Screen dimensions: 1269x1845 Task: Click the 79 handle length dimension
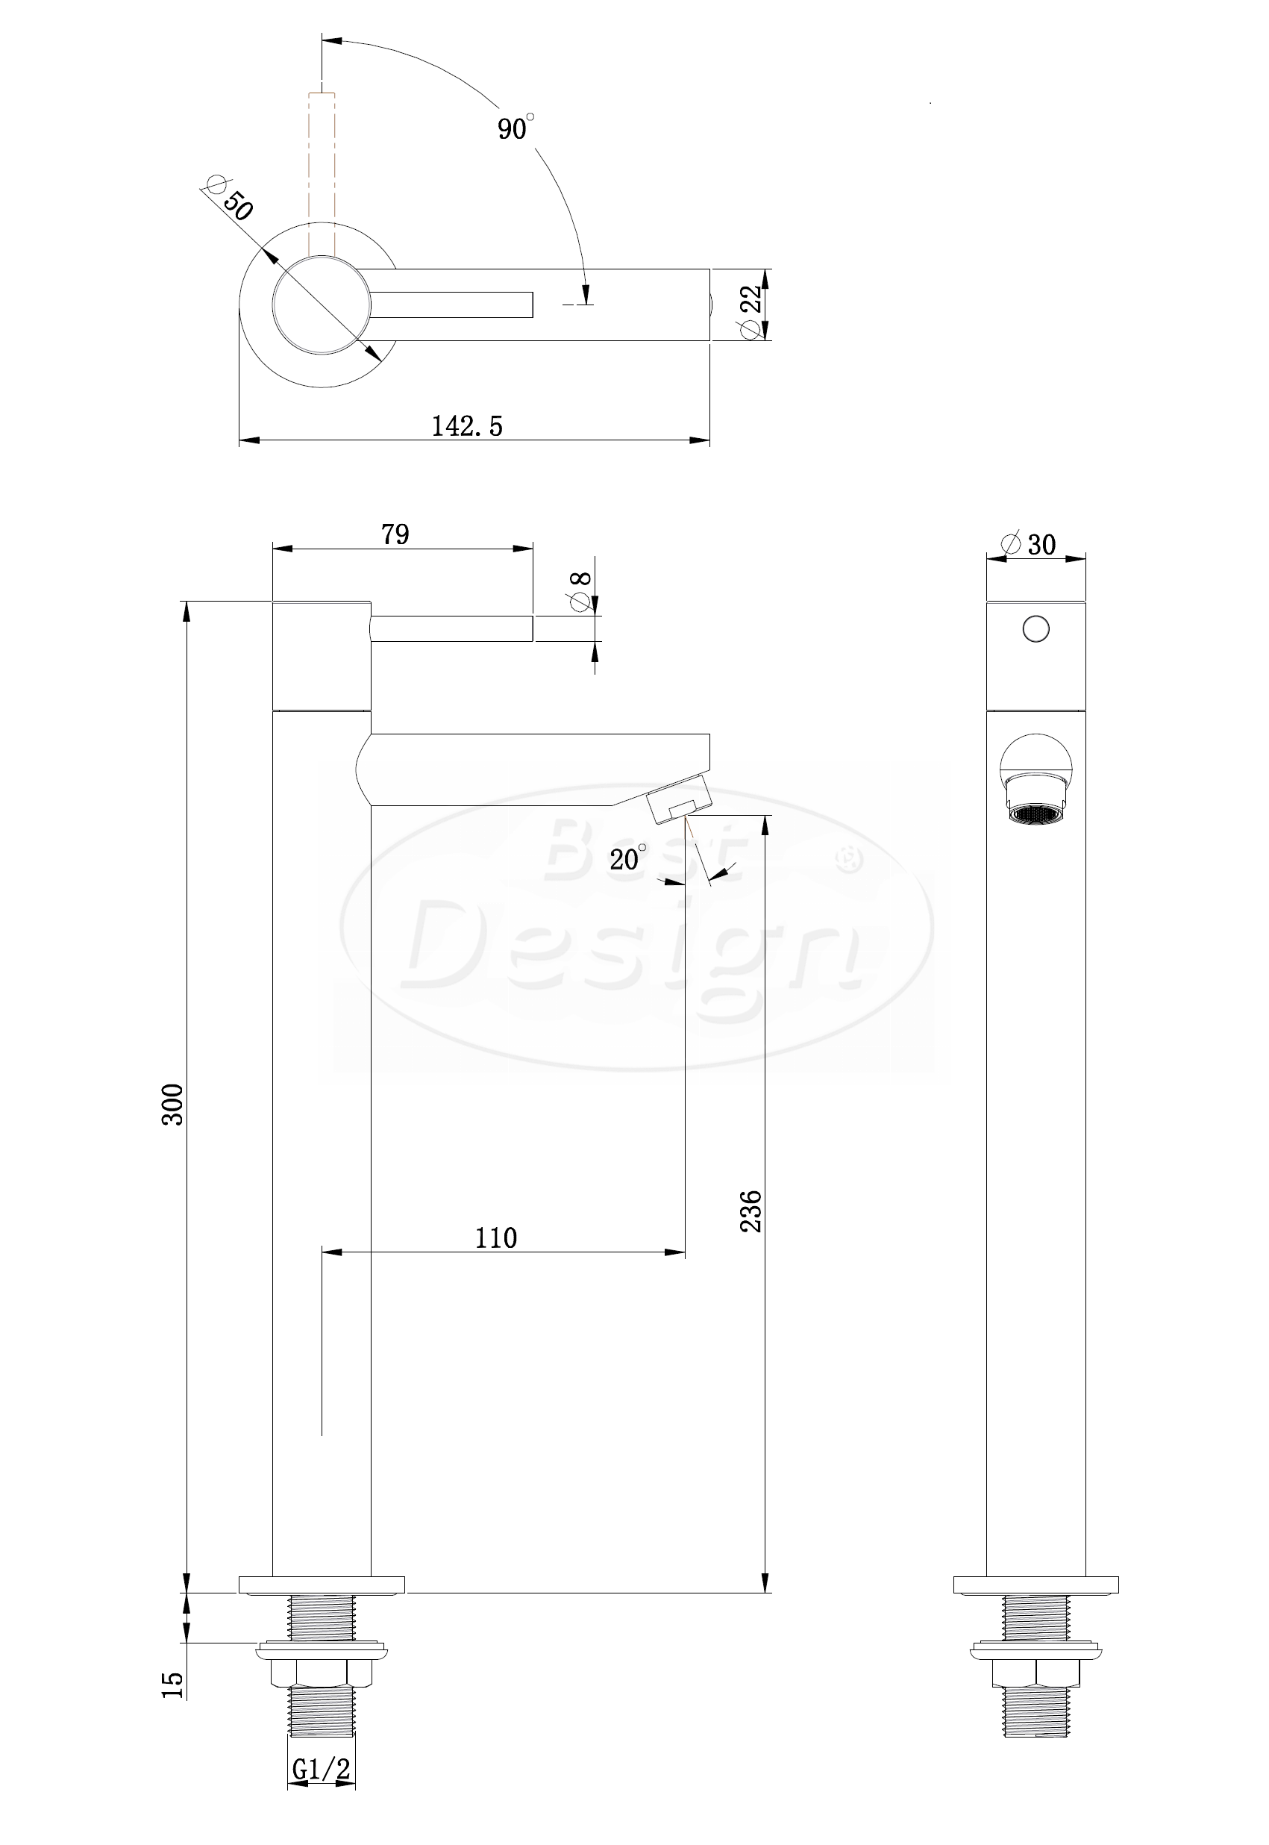(395, 534)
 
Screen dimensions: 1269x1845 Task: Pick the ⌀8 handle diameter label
(580, 591)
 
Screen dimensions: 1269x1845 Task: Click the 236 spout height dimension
(751, 1212)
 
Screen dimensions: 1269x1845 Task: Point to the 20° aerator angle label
(628, 858)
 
